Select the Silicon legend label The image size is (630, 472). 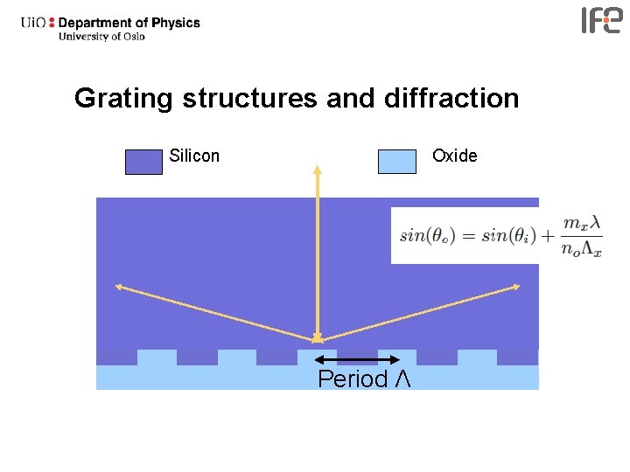click(194, 156)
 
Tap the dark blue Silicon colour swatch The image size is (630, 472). click(143, 162)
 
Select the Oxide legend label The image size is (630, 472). click(455, 156)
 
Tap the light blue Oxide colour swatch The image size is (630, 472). click(396, 162)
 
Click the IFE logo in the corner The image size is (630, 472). click(601, 20)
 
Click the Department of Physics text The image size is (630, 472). click(129, 23)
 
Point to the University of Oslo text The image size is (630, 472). click(101, 37)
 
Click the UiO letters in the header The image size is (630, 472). click(34, 23)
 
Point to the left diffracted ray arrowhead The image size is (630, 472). click(118, 286)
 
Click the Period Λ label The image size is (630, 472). click(364, 379)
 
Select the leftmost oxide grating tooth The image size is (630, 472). click(157, 357)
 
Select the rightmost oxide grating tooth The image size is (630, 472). click(477, 357)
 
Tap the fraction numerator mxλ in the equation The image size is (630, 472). click(581, 224)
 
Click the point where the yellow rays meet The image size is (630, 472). click(318, 339)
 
